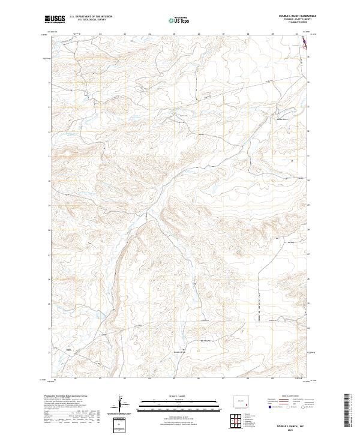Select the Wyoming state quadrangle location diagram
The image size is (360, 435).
click(243, 400)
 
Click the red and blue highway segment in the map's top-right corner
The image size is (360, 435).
click(303, 41)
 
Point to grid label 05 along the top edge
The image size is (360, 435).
click(174, 34)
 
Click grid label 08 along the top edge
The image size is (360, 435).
click(248, 34)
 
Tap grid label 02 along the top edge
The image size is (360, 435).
click(100, 34)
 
